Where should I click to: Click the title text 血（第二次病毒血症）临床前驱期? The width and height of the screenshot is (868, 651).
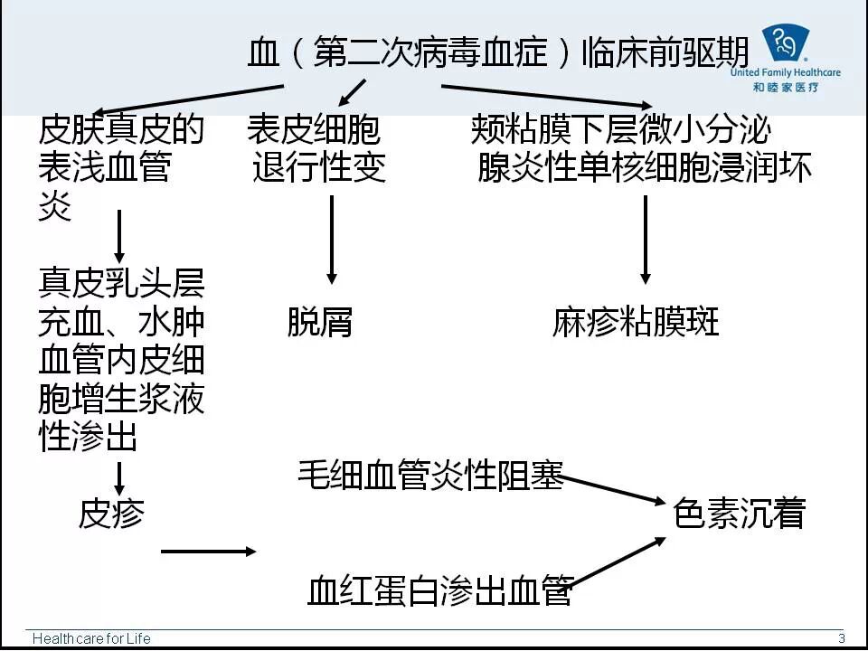pos(498,52)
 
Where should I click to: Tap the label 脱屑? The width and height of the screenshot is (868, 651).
pos(319,323)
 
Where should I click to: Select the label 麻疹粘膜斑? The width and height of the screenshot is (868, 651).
pos(636,323)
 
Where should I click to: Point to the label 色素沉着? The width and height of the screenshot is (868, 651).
pos(739,514)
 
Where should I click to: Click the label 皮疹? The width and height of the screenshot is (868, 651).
pos(111,514)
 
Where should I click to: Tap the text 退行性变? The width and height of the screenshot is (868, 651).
pos(319,167)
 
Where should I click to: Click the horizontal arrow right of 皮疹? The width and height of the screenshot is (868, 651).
pos(208,551)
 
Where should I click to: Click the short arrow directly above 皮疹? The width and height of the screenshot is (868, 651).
pos(119,477)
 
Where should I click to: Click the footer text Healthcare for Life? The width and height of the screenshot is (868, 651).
pos(91,638)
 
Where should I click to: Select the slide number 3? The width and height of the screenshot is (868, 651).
pos(841,637)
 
